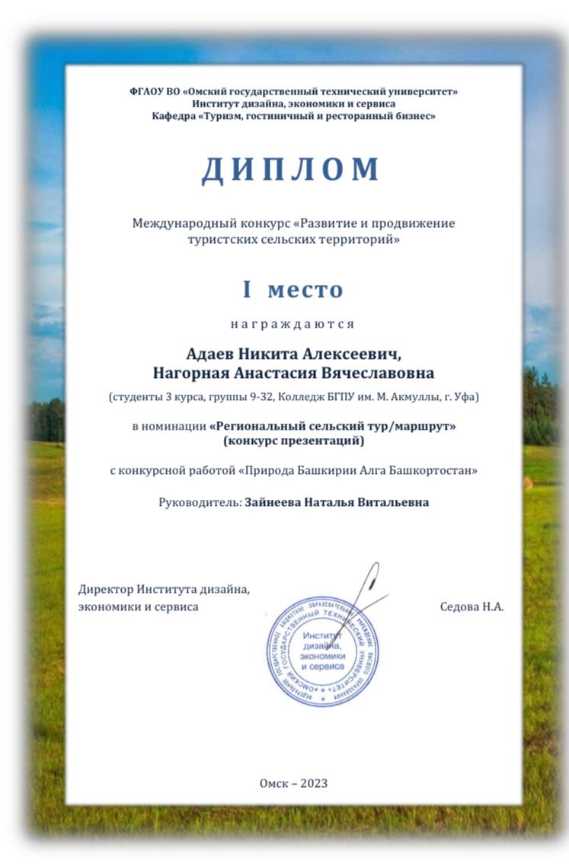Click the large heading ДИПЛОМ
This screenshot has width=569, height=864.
coord(290,169)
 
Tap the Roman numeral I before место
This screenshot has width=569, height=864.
coord(247,290)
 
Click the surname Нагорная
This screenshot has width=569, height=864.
coord(187,373)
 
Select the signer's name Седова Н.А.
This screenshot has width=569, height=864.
coord(472,607)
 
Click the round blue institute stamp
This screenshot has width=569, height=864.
coord(322,650)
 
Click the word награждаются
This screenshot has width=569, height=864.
coord(292,324)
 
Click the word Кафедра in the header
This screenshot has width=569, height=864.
coord(173,115)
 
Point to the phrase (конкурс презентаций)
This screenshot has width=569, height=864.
coord(293,440)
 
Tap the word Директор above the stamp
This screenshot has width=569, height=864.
coord(105,589)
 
